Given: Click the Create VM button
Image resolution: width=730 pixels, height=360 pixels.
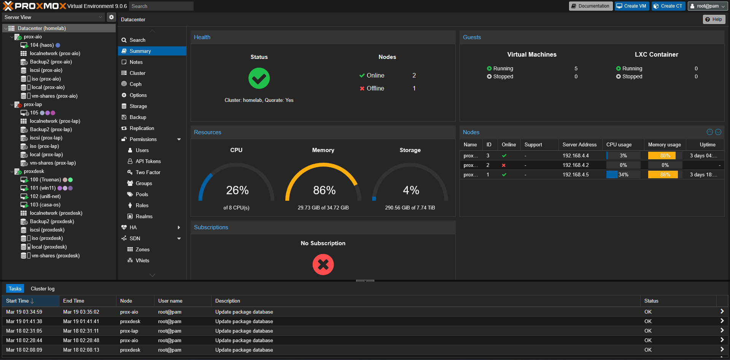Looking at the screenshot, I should (x=631, y=6).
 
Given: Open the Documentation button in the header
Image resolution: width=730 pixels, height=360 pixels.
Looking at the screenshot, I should (x=590, y=6).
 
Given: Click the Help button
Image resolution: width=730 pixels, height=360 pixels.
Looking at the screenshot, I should (x=714, y=19).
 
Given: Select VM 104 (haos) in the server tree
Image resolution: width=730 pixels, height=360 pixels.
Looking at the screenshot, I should (x=42, y=45).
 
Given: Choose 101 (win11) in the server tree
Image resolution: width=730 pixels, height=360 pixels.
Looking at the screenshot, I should (x=43, y=188).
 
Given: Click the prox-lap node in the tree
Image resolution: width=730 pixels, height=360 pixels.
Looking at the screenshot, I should (x=33, y=105).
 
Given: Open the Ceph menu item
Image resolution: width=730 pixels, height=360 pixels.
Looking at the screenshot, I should (x=135, y=84).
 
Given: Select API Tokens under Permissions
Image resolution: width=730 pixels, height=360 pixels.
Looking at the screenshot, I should (x=148, y=161).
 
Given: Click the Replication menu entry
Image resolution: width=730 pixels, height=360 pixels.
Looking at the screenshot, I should (x=142, y=128).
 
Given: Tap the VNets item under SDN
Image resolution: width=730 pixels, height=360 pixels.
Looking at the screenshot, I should (x=142, y=260).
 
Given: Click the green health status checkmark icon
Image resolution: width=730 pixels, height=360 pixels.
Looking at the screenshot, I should (x=259, y=78).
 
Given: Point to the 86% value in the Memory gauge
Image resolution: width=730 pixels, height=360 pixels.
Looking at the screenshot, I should (x=324, y=190).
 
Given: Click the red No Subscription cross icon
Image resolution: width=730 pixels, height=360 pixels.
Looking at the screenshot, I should (x=323, y=265).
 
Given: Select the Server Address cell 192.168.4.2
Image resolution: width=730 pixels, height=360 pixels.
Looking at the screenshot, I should (x=576, y=165).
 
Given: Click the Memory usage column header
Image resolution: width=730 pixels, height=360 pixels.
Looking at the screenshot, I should (x=664, y=145).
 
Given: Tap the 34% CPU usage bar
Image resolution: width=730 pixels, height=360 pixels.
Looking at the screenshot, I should (x=623, y=174).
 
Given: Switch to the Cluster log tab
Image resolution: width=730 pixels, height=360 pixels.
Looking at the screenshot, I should (x=43, y=289).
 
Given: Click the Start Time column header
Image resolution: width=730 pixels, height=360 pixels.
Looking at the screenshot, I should (x=17, y=301).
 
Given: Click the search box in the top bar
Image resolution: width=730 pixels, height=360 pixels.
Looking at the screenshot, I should (x=161, y=6).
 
